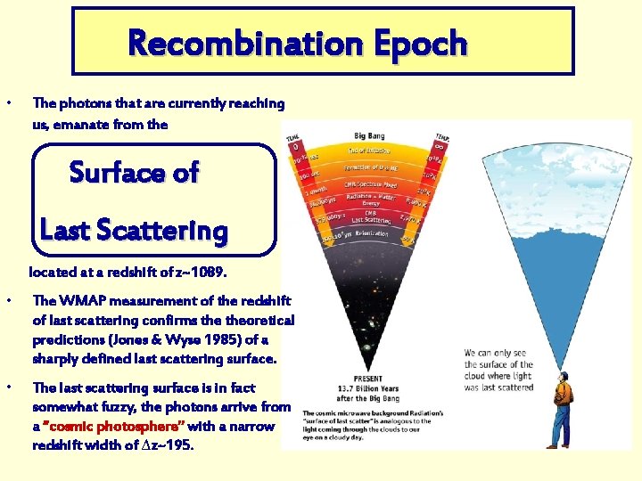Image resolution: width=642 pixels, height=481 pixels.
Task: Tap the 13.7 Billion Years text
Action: click(367, 388)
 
